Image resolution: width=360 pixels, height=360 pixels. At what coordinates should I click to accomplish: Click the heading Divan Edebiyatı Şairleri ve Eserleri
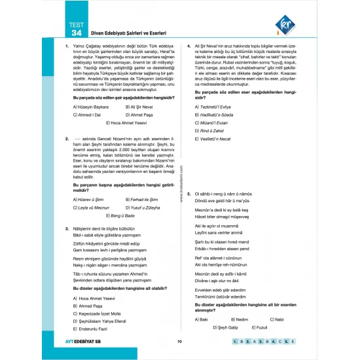pyautogui.click(x=120, y=33)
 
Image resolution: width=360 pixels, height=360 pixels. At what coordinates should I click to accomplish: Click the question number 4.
pyautogui.click(x=189, y=46)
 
